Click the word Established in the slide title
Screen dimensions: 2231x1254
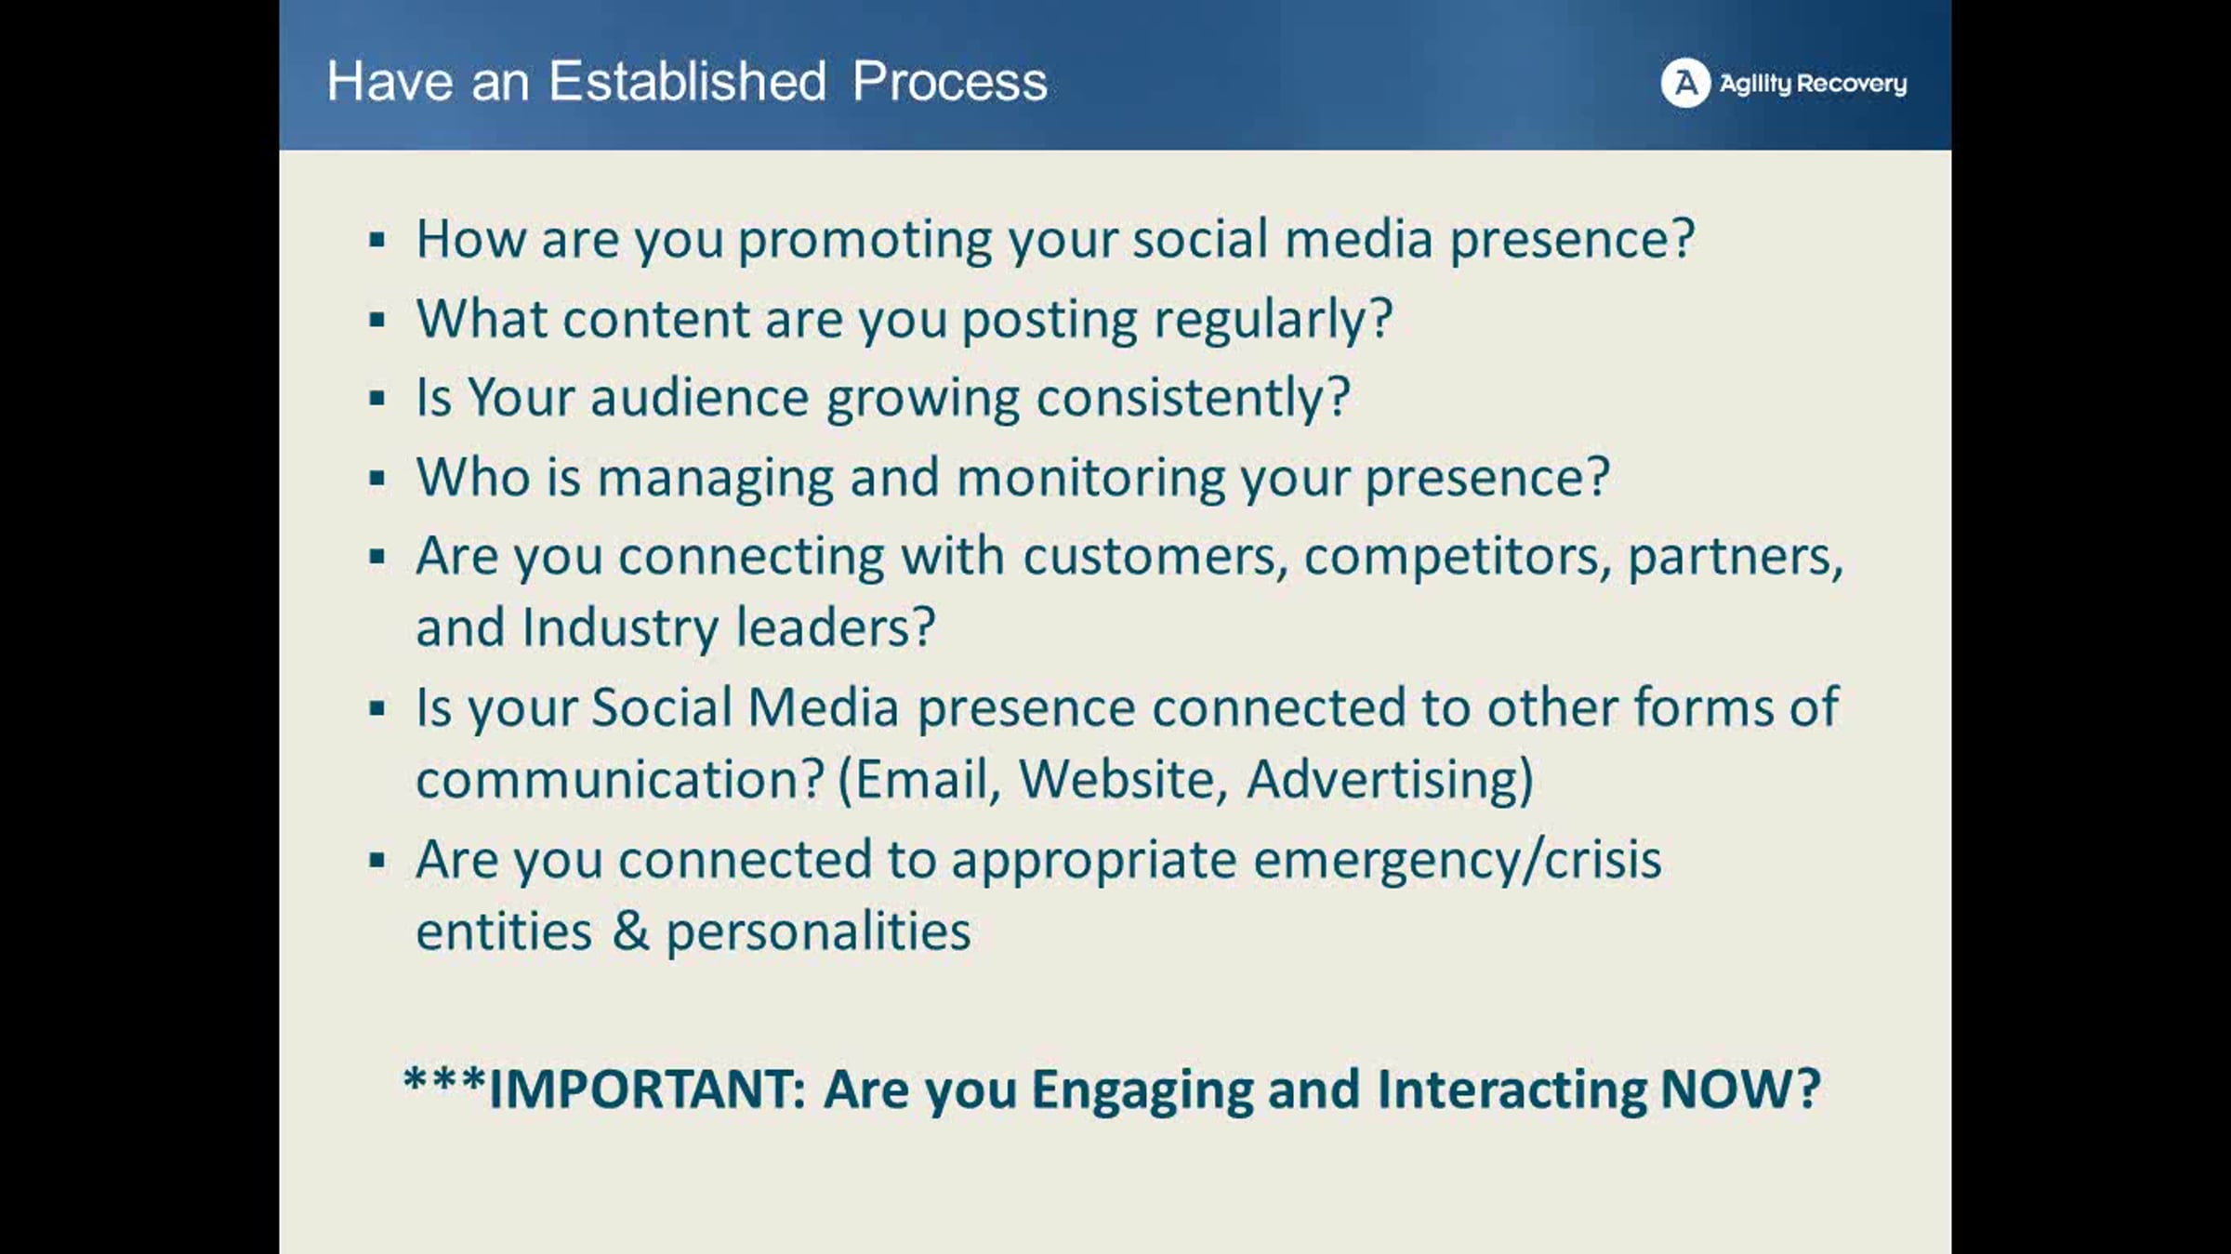[x=687, y=81]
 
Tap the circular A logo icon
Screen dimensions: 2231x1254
[x=1685, y=83]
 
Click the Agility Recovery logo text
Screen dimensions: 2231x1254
[x=1813, y=84]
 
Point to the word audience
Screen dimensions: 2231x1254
[x=699, y=398]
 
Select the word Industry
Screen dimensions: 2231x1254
[x=620, y=628]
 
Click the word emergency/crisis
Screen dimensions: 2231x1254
[x=1457, y=861]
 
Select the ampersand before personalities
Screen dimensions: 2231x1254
[x=630, y=931]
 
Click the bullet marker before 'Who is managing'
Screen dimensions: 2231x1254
[x=376, y=480]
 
